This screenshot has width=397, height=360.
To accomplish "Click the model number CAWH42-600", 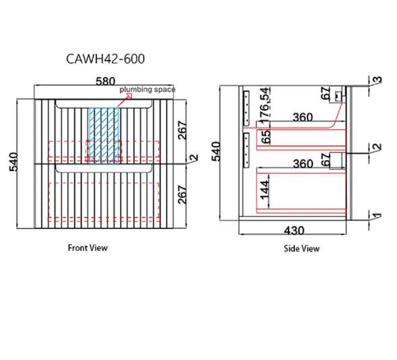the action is (x=106, y=59).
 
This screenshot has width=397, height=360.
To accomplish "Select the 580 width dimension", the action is (x=106, y=81).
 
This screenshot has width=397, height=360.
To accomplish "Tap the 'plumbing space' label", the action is (x=147, y=89).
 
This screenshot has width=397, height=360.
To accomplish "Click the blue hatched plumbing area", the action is (x=104, y=136).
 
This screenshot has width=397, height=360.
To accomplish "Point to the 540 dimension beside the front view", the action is (x=14, y=161).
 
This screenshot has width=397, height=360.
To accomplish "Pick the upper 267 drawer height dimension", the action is (x=182, y=130).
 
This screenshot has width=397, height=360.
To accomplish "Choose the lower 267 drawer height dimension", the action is (x=182, y=194).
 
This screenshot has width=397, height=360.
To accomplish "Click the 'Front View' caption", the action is (x=87, y=248).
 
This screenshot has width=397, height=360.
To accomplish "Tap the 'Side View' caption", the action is (x=301, y=248).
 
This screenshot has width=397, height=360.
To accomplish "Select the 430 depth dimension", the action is (x=294, y=231).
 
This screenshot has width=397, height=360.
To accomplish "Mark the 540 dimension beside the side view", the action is (x=217, y=151).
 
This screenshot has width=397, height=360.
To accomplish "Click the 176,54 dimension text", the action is (x=264, y=106).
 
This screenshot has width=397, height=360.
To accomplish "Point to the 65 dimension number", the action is (x=265, y=137).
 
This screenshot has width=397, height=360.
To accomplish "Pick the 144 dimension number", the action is (x=264, y=190).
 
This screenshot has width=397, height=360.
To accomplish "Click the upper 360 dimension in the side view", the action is (x=303, y=118).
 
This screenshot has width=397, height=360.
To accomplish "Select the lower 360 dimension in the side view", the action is (x=303, y=164).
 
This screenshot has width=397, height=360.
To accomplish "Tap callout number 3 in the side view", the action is (x=377, y=79).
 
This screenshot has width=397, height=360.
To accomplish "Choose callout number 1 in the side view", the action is (x=377, y=216).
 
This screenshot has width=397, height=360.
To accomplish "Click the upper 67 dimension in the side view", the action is (x=326, y=93).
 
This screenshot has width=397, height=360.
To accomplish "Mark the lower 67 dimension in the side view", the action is (x=326, y=160).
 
